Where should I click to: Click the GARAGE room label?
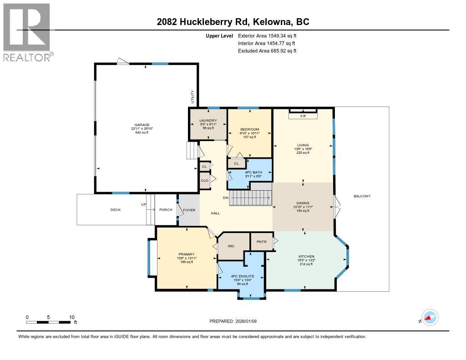click(x=142, y=124)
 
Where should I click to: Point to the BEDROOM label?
click(x=250, y=129)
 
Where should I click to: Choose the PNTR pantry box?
click(x=261, y=241)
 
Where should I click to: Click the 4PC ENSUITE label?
click(x=240, y=276)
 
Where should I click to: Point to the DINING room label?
click(x=303, y=203)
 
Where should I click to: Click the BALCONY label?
click(x=362, y=196)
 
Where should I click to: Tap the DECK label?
click(x=116, y=210)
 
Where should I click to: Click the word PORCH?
click(x=166, y=210)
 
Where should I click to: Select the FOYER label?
click(x=188, y=210)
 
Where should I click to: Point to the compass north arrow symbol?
click(x=429, y=318)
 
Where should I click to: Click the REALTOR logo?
click(x=27, y=32)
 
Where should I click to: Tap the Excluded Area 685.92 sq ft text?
click(x=267, y=51)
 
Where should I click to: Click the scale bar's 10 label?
click(x=71, y=317)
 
